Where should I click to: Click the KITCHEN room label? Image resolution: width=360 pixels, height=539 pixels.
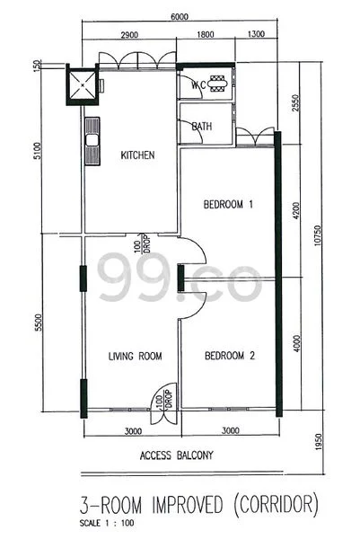pos(137,155)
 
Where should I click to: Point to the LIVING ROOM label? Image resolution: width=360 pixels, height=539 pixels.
pos(135,356)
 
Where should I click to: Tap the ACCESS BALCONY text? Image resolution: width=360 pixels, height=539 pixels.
pos(177,455)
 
